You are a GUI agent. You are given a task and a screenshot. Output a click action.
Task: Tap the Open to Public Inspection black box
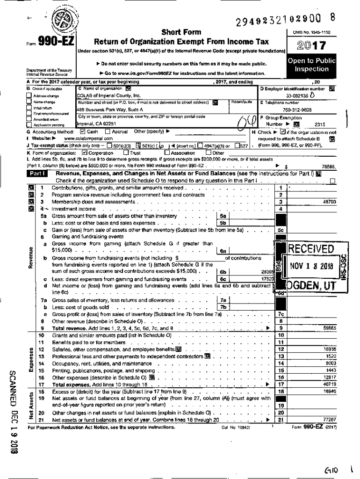(311, 65)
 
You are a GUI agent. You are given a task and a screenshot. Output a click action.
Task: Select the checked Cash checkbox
(83, 132)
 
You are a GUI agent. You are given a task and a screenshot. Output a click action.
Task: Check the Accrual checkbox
(108, 132)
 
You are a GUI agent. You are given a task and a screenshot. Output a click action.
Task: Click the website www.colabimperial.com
(88, 139)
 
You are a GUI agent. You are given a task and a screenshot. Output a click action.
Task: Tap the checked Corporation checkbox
(85, 152)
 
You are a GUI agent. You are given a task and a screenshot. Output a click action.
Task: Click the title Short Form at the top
(181, 32)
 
